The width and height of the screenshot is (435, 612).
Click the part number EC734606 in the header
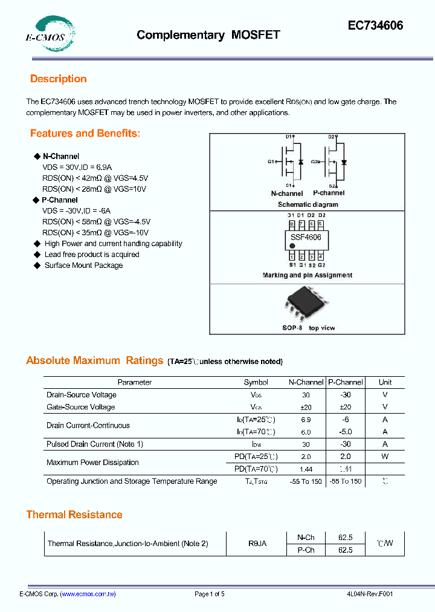click(375, 26)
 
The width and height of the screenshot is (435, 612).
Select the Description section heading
click(58, 79)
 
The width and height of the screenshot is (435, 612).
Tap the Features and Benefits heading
click(85, 134)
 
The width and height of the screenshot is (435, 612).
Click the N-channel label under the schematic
click(286, 194)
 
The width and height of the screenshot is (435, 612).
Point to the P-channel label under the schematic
click(329, 193)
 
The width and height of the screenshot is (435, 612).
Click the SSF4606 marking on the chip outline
click(306, 238)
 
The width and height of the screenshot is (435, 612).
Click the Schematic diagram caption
click(308, 204)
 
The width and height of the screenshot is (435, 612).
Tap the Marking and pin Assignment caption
click(307, 275)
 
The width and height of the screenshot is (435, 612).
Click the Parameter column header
click(134, 382)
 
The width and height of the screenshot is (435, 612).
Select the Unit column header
click(385, 382)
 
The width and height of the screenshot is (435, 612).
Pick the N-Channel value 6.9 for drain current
click(306, 420)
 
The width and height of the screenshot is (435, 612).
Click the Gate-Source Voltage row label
click(80, 407)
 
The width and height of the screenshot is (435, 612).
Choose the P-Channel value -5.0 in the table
click(345, 432)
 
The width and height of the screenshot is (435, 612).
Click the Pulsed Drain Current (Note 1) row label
click(94, 444)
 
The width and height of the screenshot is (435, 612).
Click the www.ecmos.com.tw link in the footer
click(88, 594)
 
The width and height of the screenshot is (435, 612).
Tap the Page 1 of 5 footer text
click(209, 594)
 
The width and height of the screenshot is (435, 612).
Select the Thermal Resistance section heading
click(74, 515)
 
